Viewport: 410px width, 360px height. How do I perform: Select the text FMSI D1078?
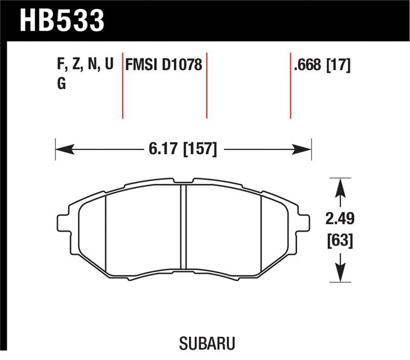click(x=164, y=66)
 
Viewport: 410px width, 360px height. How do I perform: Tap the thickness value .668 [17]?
click(x=321, y=66)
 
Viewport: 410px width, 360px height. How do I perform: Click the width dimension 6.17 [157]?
click(x=183, y=150)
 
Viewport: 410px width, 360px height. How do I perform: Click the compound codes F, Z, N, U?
click(x=85, y=66)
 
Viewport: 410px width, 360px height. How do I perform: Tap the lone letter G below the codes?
click(x=61, y=84)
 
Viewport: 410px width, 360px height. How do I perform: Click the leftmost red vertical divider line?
click(x=123, y=85)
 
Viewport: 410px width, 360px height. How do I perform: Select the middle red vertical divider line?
click(x=207, y=85)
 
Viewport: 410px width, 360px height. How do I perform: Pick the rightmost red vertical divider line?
click(x=291, y=85)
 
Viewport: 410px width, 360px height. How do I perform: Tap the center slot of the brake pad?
click(x=183, y=226)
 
